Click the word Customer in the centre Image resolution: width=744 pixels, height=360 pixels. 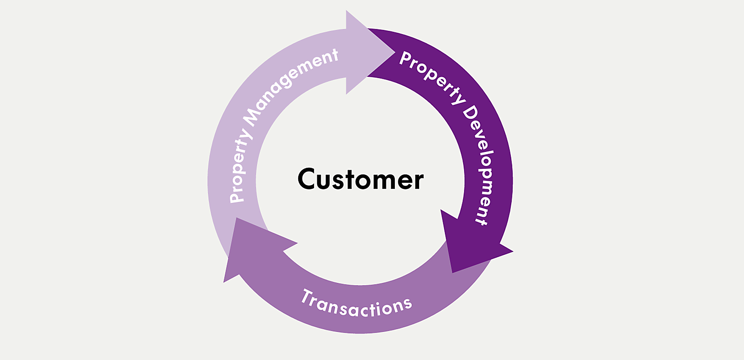(x=360, y=179)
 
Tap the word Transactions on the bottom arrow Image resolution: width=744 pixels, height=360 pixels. (x=356, y=305)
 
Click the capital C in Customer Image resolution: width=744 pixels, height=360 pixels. (x=307, y=179)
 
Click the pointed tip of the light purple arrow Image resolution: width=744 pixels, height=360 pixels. (x=394, y=52)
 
